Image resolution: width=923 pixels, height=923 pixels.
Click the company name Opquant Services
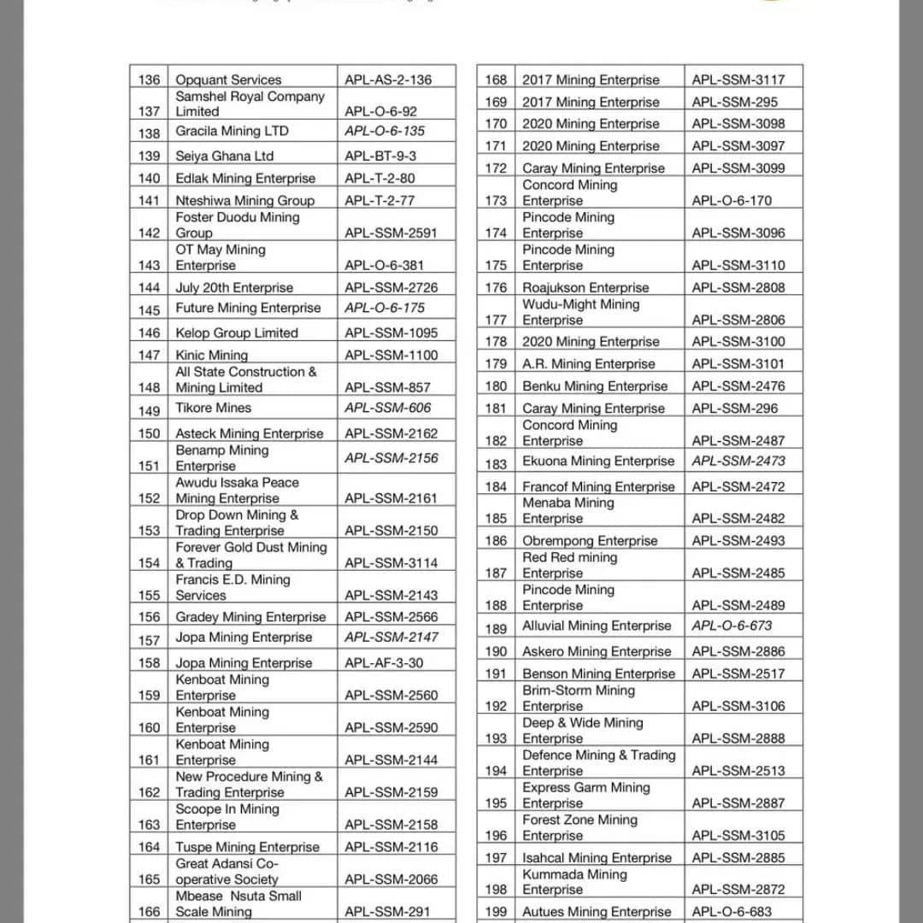[x=228, y=79]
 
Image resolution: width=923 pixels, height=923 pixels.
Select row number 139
[x=149, y=156]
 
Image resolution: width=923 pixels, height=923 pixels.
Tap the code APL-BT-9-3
[x=380, y=156]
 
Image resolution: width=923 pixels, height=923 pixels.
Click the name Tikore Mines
[x=214, y=408]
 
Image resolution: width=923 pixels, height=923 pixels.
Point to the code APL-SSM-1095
[x=391, y=332]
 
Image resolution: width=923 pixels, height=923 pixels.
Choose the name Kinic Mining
[x=211, y=355]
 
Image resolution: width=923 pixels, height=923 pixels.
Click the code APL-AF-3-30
[x=384, y=662]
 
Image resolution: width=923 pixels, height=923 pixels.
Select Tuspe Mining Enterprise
[x=247, y=847]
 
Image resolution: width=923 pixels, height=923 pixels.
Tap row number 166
[x=149, y=911]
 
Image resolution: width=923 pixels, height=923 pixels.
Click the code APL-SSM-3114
[x=391, y=562]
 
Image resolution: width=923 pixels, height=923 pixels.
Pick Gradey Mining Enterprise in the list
[x=250, y=616]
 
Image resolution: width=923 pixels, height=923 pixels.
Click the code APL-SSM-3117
[x=738, y=79]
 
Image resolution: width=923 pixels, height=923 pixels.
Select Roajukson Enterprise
[x=585, y=287]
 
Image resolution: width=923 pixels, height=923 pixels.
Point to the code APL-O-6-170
[x=732, y=201]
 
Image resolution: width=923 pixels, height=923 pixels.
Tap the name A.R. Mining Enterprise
[x=589, y=363]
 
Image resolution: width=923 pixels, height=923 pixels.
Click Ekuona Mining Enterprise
[x=598, y=461]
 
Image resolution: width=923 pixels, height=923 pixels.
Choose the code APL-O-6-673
[x=732, y=626]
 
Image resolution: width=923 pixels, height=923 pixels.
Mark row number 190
[x=496, y=651]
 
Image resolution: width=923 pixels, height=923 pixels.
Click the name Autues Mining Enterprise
[x=597, y=912]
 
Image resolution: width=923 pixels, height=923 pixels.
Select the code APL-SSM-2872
[x=738, y=890]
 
